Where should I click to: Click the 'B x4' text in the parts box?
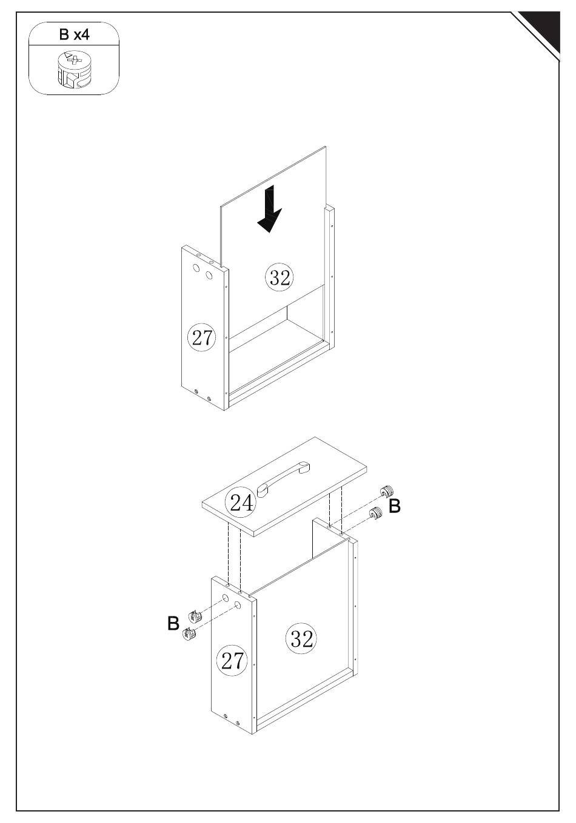point(75,35)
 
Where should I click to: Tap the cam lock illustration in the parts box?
point(74,70)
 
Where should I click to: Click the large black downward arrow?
point(270,208)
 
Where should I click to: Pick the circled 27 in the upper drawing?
point(201,337)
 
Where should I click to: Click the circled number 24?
point(241,502)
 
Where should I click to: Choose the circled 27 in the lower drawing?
point(232,670)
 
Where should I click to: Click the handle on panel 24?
point(283,479)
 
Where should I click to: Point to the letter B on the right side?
point(395,506)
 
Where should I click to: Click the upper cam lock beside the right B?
point(387,491)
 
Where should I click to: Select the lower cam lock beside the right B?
point(375,513)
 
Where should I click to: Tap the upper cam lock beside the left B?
point(195,616)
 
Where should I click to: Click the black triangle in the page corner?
point(541,30)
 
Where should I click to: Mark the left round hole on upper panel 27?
point(196,268)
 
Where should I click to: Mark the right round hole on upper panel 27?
point(209,275)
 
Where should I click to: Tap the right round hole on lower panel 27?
point(238,605)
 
